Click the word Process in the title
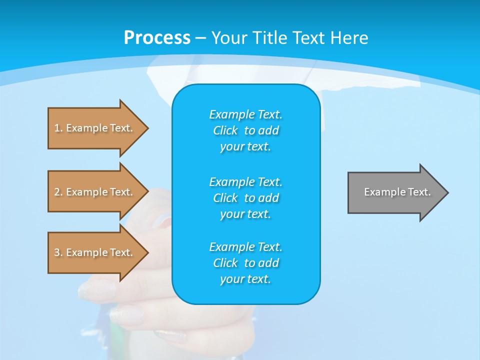(x=157, y=38)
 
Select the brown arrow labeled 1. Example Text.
(x=95, y=128)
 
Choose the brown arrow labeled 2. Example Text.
(x=95, y=192)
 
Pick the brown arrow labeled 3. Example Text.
(x=95, y=252)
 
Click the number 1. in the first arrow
(x=58, y=128)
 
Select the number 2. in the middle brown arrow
(x=58, y=192)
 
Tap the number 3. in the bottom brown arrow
(x=58, y=252)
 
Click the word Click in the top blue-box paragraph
(x=225, y=130)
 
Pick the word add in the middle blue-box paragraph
(x=268, y=198)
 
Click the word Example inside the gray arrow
(x=383, y=192)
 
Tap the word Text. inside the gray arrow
(x=419, y=192)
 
